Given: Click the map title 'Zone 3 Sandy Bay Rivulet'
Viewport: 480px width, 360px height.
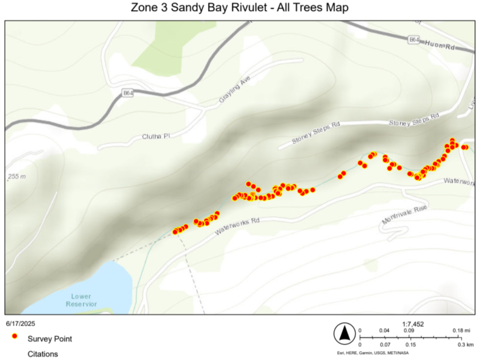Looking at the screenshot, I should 239,8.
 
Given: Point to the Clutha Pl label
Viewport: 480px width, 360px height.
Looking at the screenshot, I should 157,136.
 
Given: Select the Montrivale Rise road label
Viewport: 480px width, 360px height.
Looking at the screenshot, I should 404,215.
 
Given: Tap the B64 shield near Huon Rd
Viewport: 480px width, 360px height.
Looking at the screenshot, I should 414,40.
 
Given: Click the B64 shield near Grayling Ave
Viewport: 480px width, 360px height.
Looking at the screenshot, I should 127,93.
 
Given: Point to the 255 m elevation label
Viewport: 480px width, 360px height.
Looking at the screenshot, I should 17,177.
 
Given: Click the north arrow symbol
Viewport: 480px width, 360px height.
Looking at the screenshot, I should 345,334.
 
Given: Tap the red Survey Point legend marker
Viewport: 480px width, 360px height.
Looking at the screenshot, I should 14,338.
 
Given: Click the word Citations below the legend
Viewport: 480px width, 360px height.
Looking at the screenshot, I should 43,354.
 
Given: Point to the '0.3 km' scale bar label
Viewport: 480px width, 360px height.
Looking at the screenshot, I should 466,345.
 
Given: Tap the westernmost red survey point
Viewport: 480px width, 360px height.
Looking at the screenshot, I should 175,232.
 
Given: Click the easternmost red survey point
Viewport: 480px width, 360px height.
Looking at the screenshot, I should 466,146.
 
